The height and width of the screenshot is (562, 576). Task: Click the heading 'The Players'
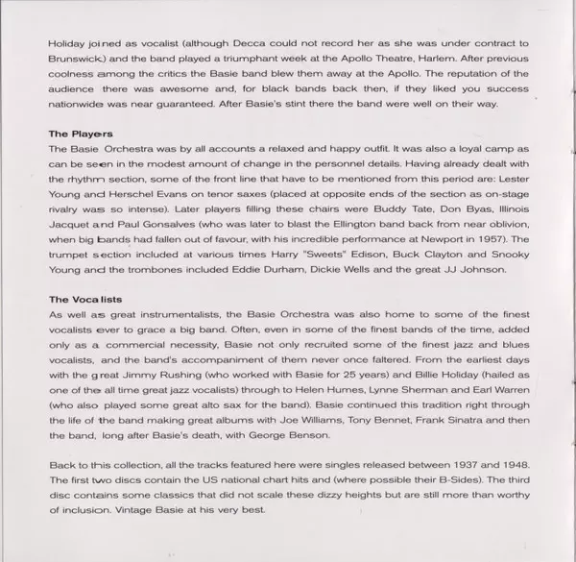click(78, 134)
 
